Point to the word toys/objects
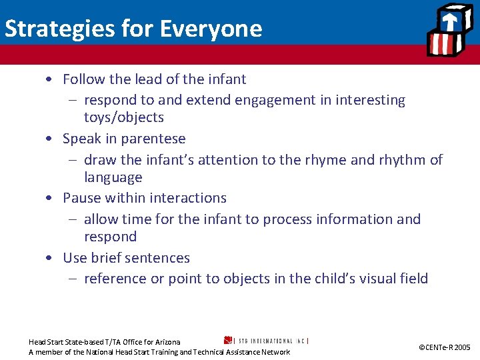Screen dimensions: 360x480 (124, 117)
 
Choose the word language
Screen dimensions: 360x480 (113, 177)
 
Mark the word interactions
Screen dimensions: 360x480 (188, 198)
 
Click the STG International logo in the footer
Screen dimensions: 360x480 (267, 340)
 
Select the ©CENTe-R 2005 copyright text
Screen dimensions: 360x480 (444, 347)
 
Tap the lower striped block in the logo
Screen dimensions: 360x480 (441, 45)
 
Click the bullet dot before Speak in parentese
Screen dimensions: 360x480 (50, 139)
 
